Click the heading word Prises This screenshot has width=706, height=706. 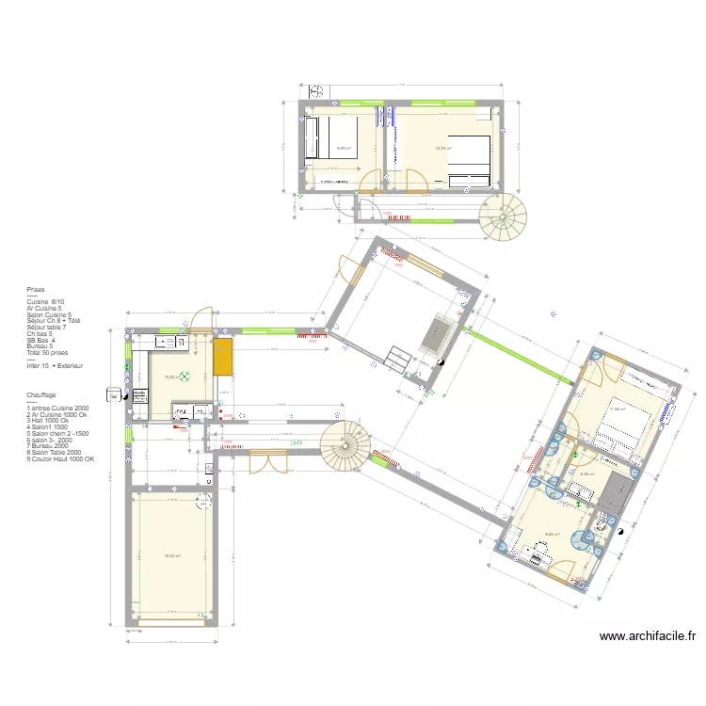[x=36, y=291]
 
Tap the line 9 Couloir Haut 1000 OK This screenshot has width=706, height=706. [x=61, y=458]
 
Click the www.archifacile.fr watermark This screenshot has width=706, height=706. [x=648, y=636]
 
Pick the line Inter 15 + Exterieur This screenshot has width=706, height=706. [x=55, y=365]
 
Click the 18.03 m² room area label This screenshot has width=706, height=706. [x=172, y=555]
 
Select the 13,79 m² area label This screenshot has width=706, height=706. [x=442, y=148]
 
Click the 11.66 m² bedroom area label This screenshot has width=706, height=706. [x=617, y=409]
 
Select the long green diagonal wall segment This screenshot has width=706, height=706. [x=519, y=354]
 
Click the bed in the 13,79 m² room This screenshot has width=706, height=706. [x=469, y=163]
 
